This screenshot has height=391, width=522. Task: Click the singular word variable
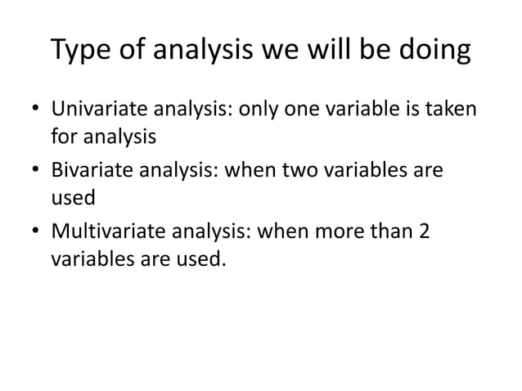click(x=356, y=109)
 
